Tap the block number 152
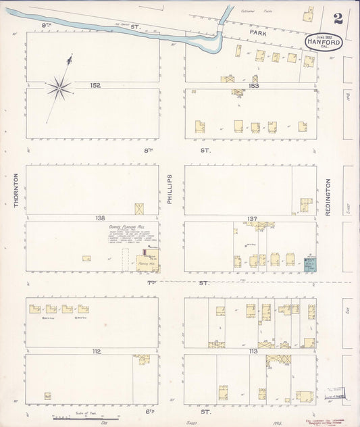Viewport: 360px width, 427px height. (96, 85)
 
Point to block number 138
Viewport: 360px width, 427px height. (101, 218)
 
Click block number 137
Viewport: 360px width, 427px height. (252, 218)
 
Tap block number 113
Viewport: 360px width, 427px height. (254, 351)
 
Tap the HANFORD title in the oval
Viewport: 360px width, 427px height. (324, 41)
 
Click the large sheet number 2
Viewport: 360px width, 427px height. (338, 18)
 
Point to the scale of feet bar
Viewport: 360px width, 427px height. (67, 419)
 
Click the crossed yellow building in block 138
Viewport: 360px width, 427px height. (140, 209)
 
